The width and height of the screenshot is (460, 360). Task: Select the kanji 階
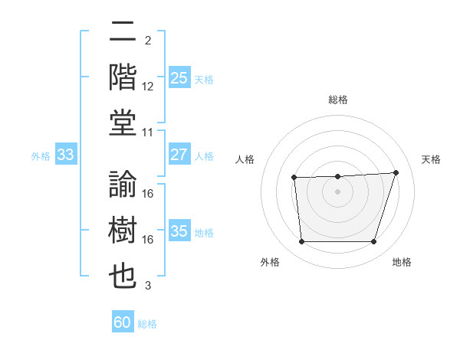123,77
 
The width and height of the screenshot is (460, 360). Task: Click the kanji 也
123,276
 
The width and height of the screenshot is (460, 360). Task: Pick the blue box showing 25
179,78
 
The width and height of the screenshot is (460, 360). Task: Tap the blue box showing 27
179,155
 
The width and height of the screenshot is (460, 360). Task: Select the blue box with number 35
179,232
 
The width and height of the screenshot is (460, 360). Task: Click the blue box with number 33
65,155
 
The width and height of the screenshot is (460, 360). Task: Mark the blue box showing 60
123,322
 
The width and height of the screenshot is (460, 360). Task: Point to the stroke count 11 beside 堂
148,133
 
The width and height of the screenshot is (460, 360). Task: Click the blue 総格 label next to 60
147,324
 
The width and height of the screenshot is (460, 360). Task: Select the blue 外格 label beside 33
41,156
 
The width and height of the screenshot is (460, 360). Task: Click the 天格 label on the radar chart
431,159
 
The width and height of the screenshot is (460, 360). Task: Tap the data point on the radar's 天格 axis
396,172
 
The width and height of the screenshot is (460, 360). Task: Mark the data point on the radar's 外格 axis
301,242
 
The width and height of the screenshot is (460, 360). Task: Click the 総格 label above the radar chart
338,100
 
